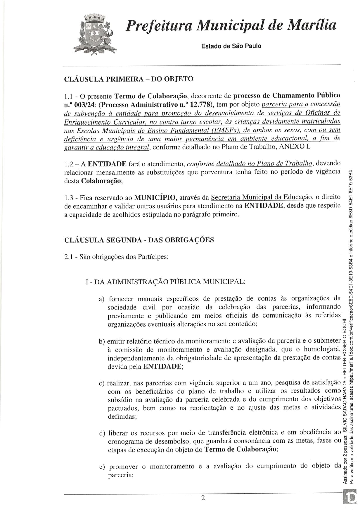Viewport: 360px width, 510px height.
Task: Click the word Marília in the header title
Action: (312, 25)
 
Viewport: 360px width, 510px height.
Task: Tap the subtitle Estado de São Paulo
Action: (231, 46)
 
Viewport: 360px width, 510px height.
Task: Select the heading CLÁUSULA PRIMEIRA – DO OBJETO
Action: (129, 79)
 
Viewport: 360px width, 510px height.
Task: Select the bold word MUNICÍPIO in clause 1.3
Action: (155, 197)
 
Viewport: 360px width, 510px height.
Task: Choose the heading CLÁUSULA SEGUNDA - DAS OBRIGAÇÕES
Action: (139, 240)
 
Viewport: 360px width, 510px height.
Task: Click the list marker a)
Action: (102, 299)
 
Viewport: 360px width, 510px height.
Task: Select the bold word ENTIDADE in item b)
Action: (162, 366)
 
